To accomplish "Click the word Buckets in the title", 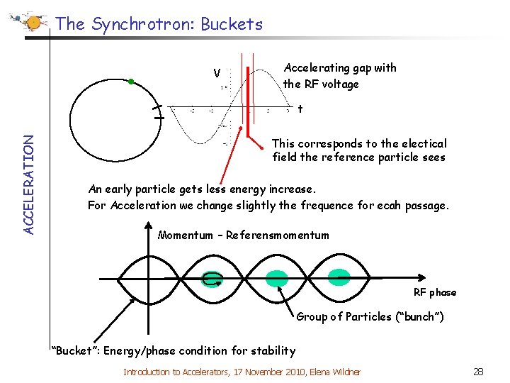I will pyautogui.click(x=232, y=24).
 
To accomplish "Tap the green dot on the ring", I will pyautogui.click(x=131, y=82).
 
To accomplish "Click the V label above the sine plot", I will pyautogui.click(x=217, y=73).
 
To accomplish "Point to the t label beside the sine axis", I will pyautogui.click(x=300, y=109).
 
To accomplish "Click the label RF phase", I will pyautogui.click(x=435, y=292).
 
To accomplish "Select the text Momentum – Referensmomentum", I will pyautogui.click(x=244, y=235).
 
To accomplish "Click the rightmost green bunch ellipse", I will pyautogui.click(x=339, y=278).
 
